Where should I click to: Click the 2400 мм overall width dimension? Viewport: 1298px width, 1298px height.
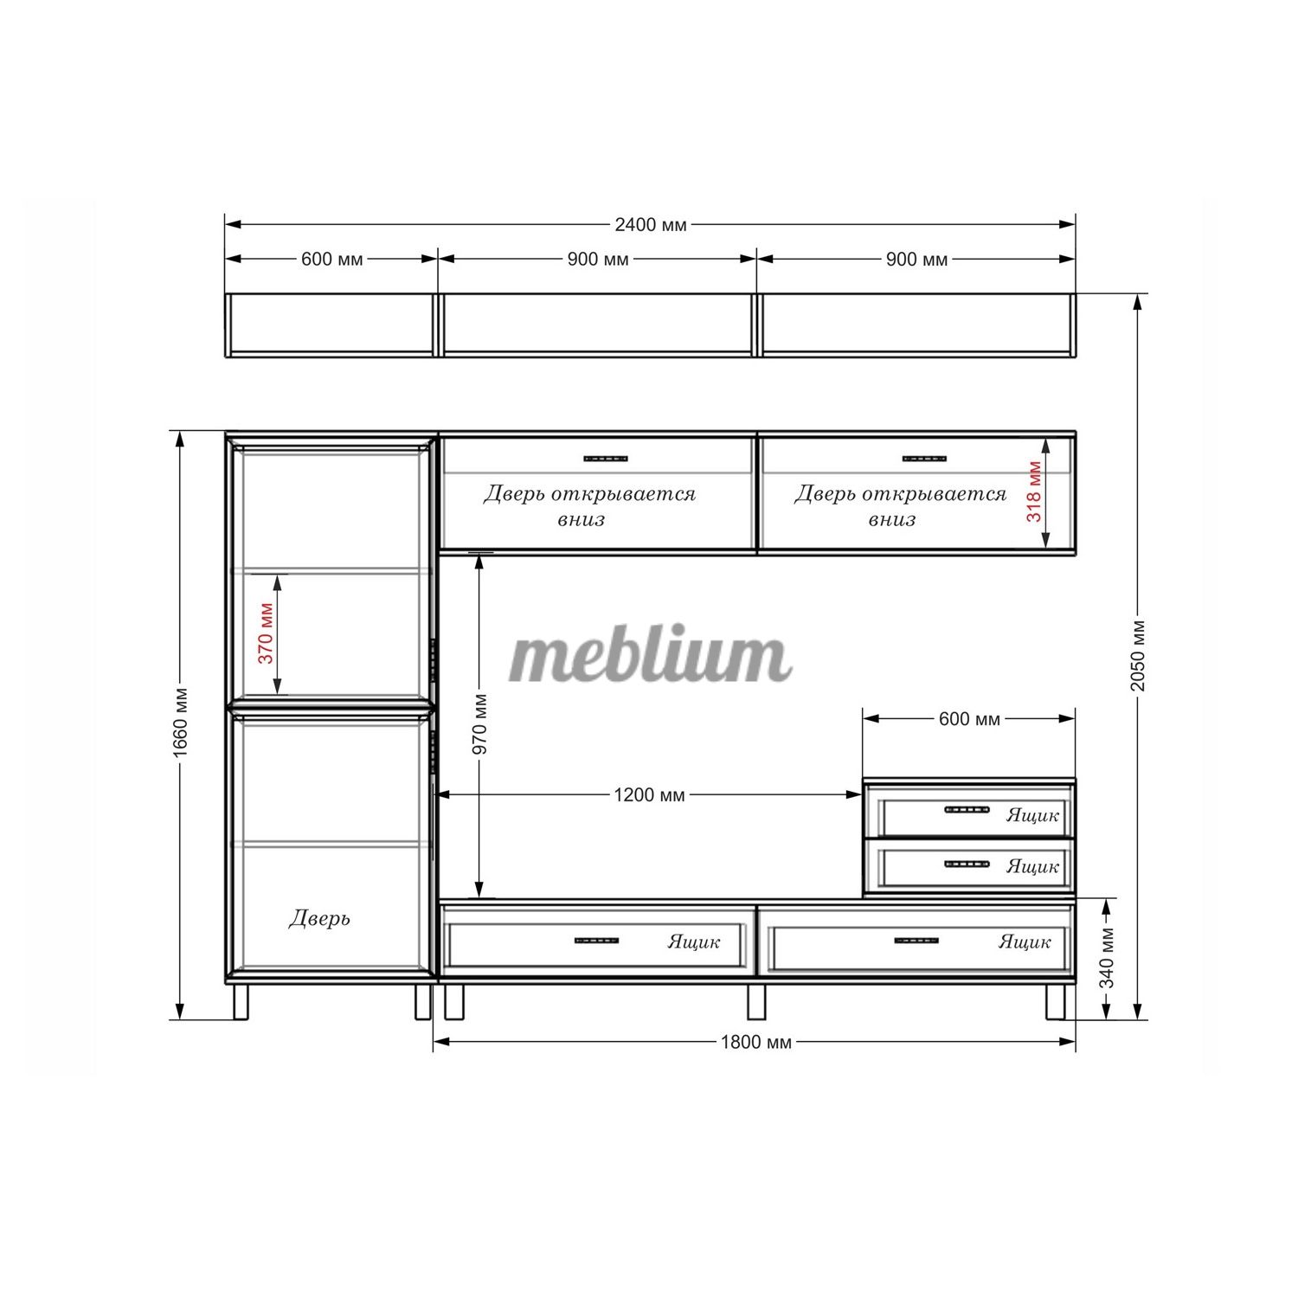651,225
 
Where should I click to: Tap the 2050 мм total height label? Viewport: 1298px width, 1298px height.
1138,655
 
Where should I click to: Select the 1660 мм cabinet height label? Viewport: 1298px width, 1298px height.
180,723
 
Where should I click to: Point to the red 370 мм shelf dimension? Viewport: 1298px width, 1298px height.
266,633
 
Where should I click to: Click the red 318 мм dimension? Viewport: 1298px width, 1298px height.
1033,491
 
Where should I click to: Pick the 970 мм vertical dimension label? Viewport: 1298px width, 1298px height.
480,723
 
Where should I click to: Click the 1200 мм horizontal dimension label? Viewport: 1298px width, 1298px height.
649,794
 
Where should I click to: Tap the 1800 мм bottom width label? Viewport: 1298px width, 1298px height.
756,1042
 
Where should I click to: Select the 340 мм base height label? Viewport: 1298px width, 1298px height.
1107,958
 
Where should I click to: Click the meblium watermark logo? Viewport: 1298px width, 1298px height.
650,656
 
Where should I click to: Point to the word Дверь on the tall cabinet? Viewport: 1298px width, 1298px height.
319,918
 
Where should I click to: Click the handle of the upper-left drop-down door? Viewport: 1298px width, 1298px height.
606,459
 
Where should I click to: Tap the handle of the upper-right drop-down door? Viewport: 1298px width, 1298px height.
924,459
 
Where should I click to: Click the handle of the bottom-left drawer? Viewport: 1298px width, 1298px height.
597,940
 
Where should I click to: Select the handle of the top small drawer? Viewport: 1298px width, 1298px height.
967,810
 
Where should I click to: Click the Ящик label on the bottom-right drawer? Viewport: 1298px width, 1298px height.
1025,941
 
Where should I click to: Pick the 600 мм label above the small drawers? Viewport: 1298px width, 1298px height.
969,719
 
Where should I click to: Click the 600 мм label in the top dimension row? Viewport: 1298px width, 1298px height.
332,259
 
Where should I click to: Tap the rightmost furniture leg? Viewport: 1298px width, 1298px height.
1057,1001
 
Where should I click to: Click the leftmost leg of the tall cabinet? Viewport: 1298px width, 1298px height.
241,1002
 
